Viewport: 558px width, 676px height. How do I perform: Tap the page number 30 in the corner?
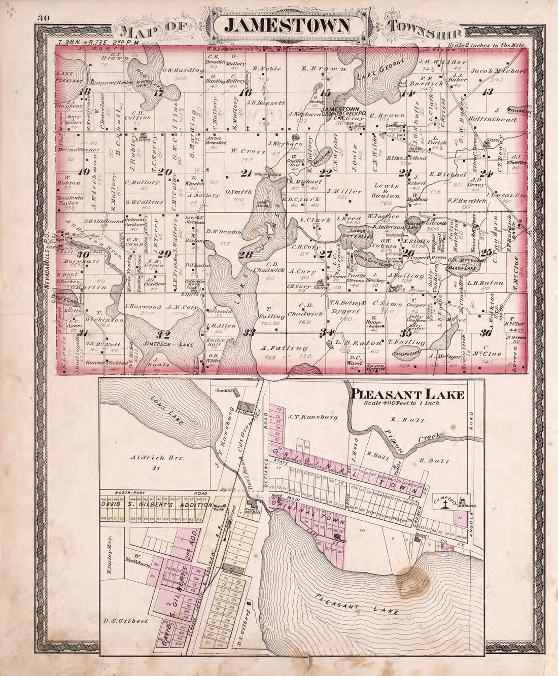[42, 19]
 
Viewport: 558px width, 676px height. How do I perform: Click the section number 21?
[247, 173]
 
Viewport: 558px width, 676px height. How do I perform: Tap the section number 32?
[163, 334]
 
